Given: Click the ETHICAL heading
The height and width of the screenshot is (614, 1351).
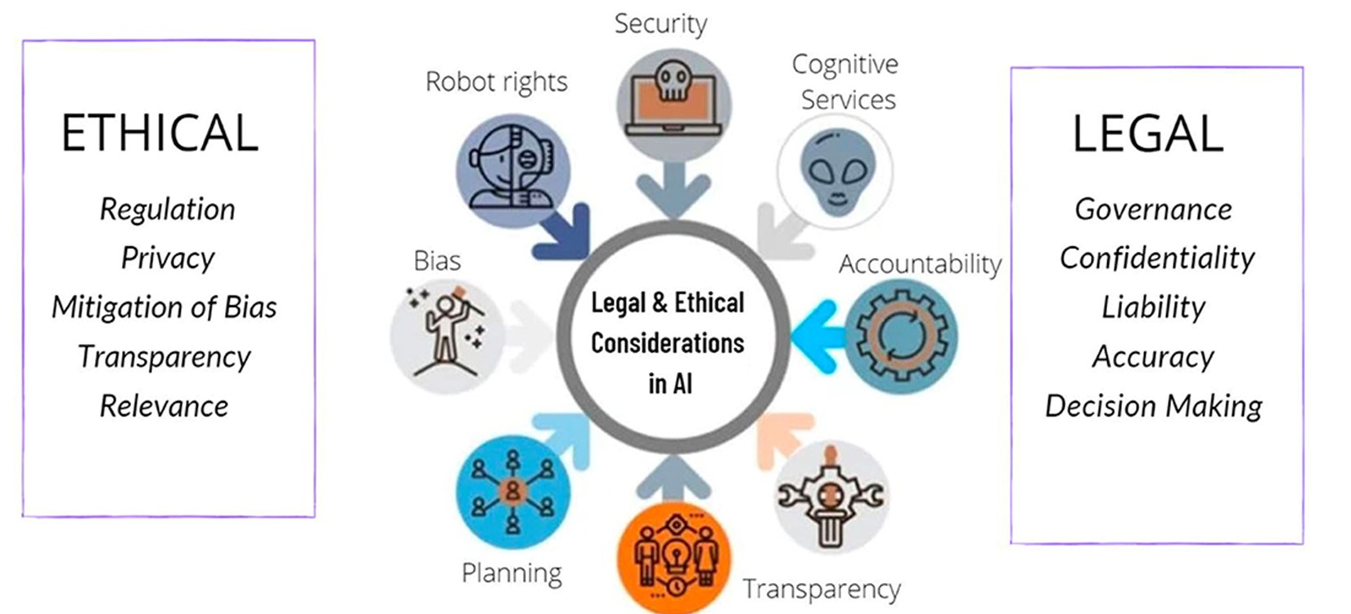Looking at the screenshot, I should tap(160, 133).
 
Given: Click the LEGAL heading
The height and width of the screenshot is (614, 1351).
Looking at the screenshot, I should tap(1148, 133).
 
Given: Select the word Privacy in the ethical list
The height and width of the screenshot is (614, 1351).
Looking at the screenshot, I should tap(168, 258).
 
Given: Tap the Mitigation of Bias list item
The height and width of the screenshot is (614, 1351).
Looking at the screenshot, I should tap(164, 307).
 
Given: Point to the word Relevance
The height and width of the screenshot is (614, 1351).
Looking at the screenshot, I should tap(164, 406).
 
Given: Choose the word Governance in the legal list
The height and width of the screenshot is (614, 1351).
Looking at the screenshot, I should tap(1154, 210).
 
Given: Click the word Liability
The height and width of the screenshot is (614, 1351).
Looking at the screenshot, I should tap(1154, 307).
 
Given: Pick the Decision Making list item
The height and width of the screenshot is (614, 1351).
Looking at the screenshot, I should tap(1154, 406).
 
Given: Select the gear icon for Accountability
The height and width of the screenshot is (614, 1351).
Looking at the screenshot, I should tap(901, 336).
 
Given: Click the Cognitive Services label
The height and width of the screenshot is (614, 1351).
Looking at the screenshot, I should tap(846, 82).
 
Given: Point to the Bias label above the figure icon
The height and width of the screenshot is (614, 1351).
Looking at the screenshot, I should tap(437, 261).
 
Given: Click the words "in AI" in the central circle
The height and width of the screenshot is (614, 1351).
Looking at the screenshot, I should tap(670, 384).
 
